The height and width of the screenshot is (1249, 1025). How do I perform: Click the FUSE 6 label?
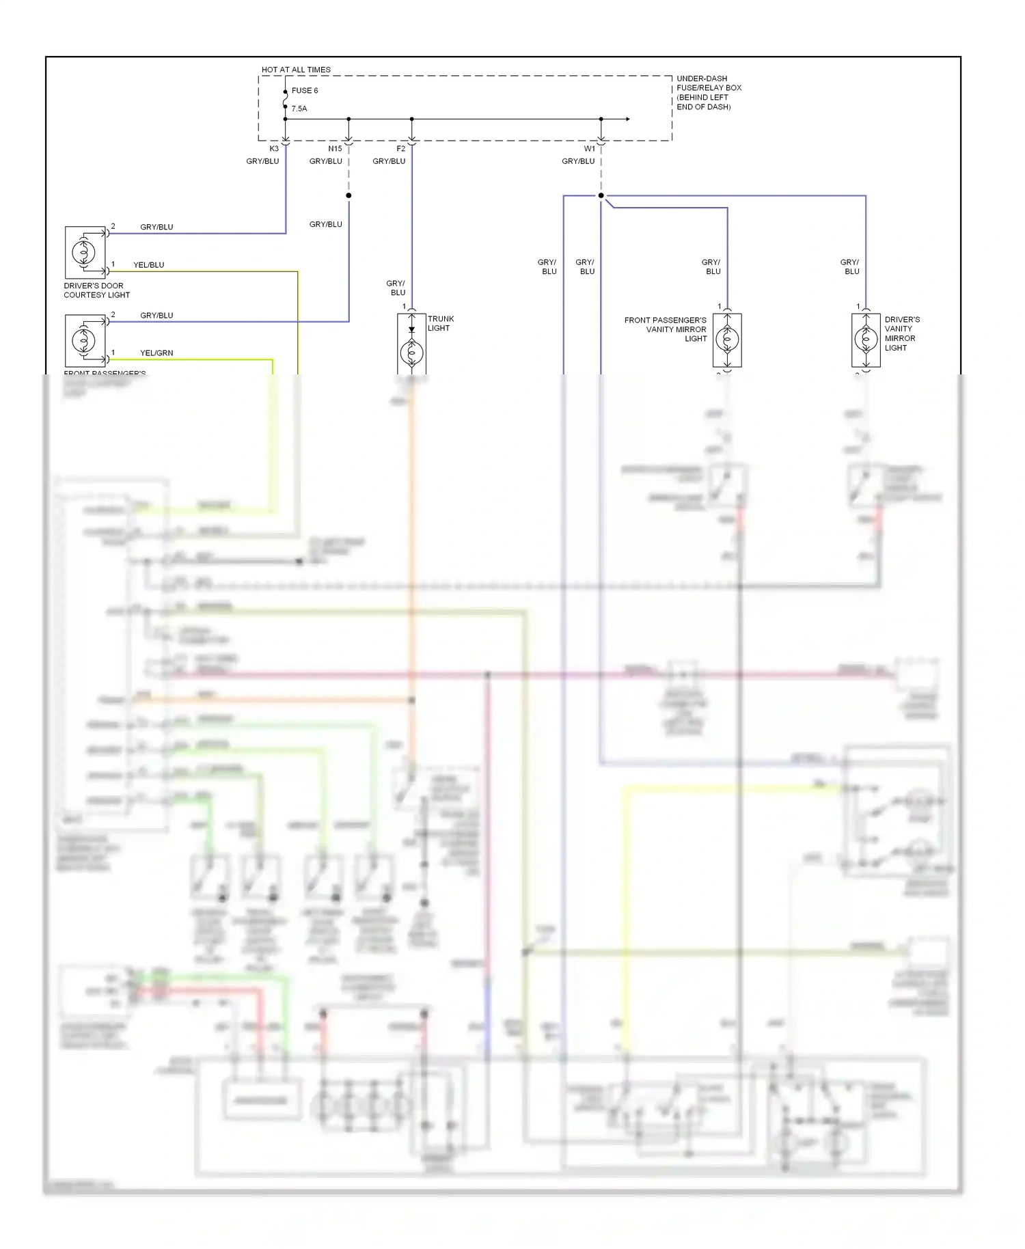pos(305,90)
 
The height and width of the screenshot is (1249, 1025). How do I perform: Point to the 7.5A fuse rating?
pos(299,109)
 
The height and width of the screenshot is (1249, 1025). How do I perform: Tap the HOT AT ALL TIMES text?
pos(296,70)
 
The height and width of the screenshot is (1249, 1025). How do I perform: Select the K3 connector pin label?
pos(274,148)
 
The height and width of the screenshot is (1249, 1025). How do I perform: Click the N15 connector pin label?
pos(335,148)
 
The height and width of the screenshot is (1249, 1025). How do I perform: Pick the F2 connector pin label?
pos(401,148)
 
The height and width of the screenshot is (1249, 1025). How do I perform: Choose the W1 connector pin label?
pos(590,148)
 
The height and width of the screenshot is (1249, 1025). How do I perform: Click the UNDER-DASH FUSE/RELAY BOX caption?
pos(708,92)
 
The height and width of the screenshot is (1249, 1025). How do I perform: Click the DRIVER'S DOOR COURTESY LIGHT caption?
pos(96,290)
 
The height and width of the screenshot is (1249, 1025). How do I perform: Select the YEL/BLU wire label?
pos(149,265)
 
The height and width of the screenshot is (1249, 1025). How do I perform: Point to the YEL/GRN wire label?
pos(156,353)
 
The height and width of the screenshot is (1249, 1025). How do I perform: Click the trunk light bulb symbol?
pos(411,353)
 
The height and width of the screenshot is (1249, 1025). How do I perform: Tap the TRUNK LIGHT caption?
pos(441,323)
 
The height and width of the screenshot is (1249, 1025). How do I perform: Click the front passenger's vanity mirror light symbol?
pos(727,339)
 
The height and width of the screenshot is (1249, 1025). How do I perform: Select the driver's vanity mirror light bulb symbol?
pos(866,339)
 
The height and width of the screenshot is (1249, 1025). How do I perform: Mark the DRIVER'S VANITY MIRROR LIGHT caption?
pos(901,333)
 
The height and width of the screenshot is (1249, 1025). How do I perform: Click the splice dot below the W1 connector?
pos(601,195)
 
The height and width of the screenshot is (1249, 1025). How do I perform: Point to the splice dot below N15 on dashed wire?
pos(348,195)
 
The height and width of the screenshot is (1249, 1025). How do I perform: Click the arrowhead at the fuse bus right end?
pos(627,119)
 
